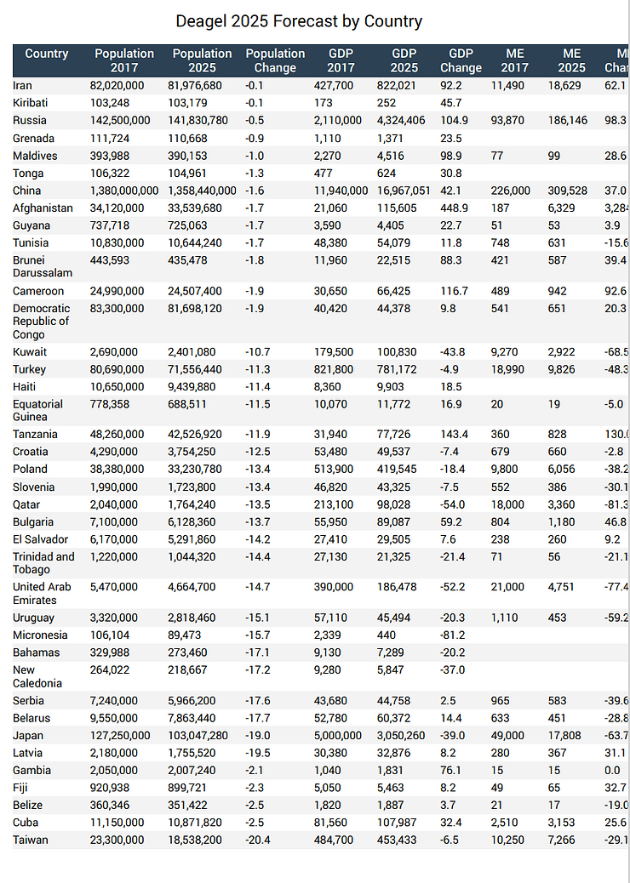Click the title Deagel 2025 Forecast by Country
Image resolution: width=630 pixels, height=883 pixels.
point(298,21)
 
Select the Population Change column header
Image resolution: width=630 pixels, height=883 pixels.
point(275,60)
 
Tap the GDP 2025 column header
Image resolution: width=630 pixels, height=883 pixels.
point(404,60)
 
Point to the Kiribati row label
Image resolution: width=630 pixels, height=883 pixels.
point(30,103)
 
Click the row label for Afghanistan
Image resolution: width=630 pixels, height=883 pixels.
point(43,208)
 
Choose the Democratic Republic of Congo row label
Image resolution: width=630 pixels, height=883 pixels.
point(41,322)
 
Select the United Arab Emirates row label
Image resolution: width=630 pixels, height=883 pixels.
point(42,594)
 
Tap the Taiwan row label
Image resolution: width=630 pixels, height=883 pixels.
point(31,840)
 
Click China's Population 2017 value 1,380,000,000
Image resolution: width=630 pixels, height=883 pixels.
point(124,191)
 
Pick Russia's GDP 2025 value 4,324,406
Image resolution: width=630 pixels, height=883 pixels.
point(405,121)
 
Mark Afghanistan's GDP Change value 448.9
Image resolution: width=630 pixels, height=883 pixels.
point(455,208)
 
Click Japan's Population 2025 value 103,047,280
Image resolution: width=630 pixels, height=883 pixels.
point(200,736)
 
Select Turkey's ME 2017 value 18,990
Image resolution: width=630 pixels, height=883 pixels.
point(509,370)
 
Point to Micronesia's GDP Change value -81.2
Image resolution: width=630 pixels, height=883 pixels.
point(455,635)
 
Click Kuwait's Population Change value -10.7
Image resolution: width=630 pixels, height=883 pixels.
point(257,352)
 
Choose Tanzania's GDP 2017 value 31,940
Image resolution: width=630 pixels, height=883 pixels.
point(347,435)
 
